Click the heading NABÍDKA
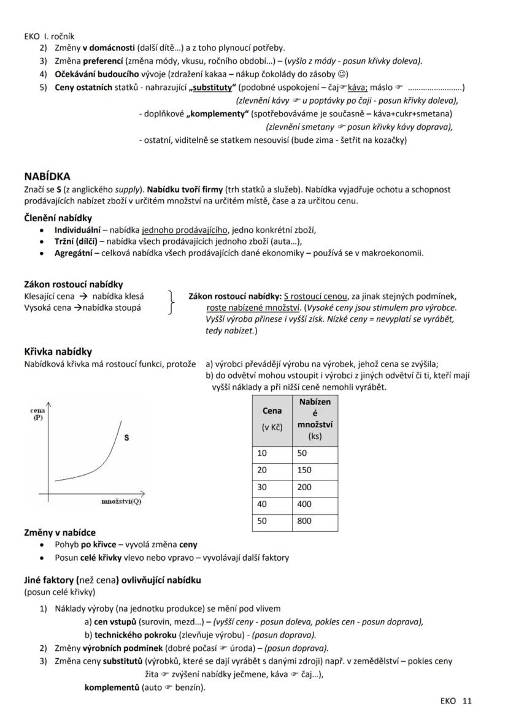point(47,176)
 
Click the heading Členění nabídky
point(58,218)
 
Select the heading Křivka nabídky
point(58,352)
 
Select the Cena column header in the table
point(272,411)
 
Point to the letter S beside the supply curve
point(126,438)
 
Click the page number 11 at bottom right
point(468,701)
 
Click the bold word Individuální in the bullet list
point(77,230)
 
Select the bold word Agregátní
point(73,252)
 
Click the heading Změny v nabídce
point(60,533)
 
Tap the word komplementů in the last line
point(112,687)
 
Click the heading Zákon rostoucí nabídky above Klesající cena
point(73,284)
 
